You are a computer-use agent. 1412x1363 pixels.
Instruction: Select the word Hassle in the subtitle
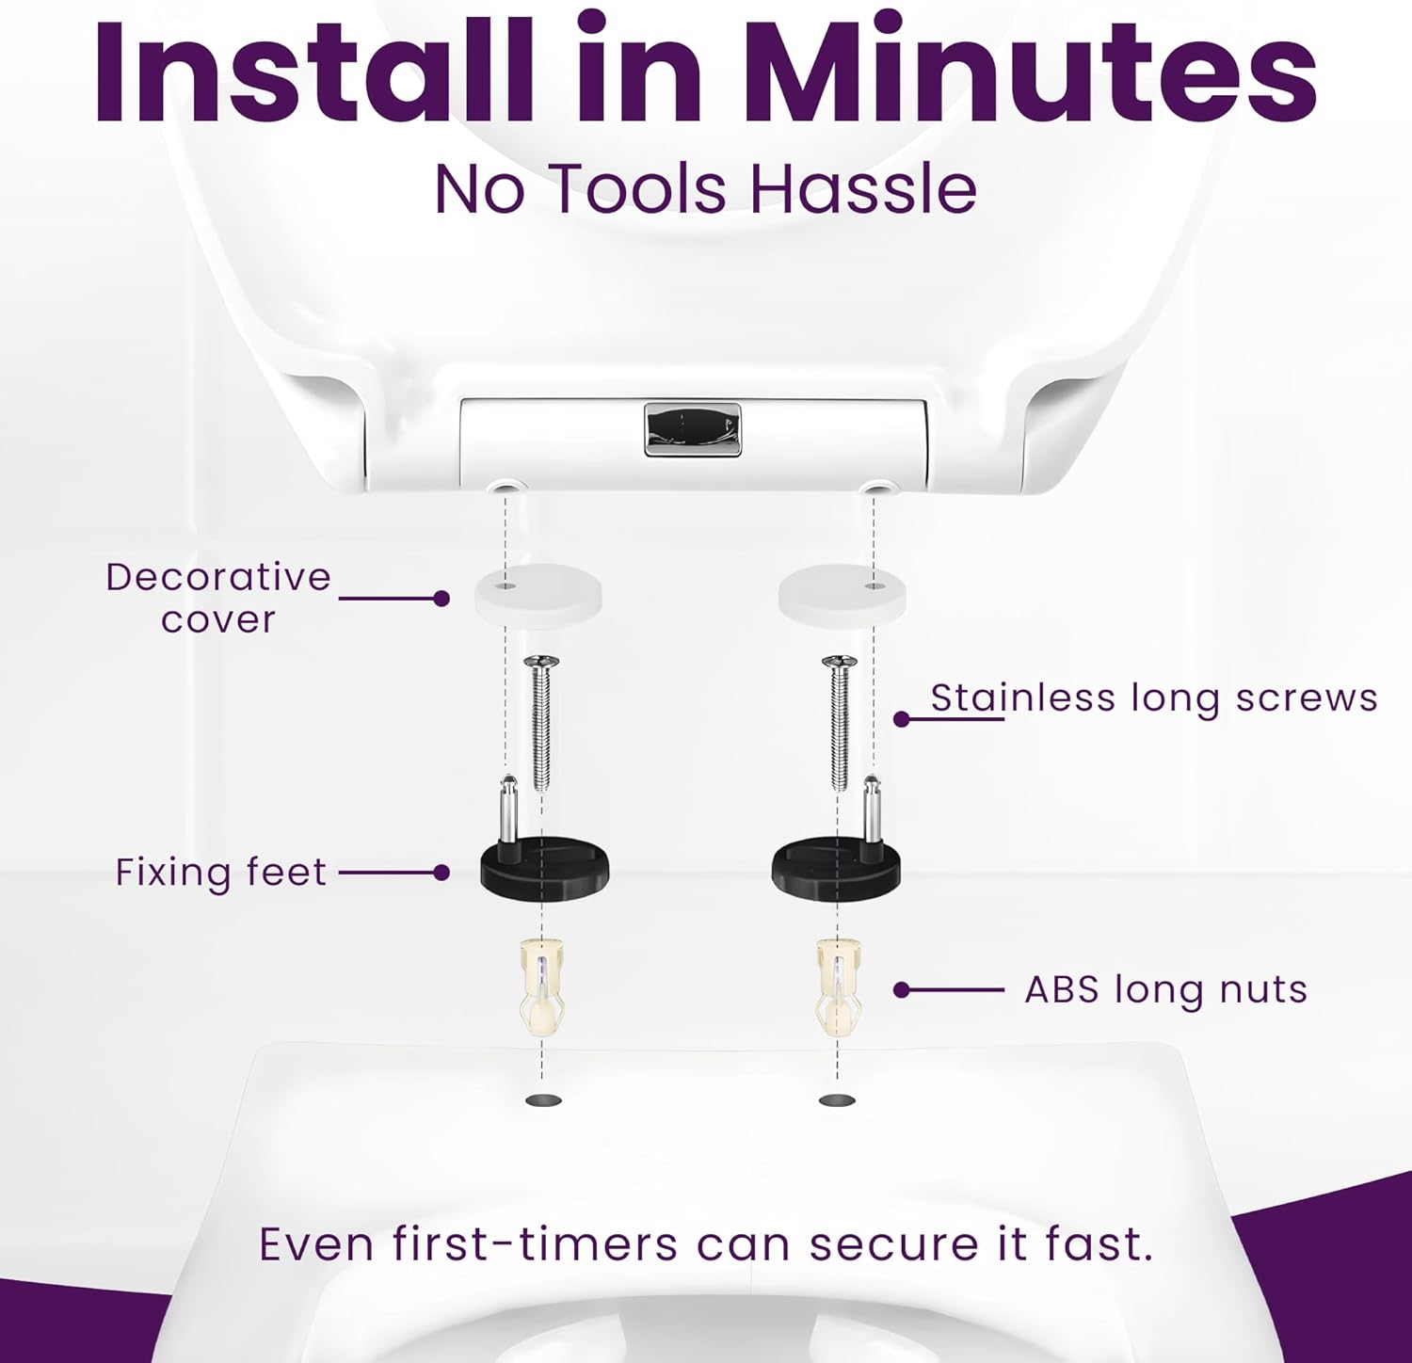863,188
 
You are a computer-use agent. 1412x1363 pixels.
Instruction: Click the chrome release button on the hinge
693,429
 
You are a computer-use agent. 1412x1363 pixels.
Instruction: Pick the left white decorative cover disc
538,589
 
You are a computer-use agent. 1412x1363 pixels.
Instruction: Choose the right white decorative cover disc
842,591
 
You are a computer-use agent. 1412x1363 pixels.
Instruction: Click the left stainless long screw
541,722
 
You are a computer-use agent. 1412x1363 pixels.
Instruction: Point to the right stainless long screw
840,722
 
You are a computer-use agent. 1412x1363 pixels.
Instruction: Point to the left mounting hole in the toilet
543,1099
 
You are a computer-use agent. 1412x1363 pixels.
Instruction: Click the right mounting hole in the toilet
838,1099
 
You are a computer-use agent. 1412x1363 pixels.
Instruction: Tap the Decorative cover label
218,599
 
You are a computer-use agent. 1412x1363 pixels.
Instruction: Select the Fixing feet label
221,873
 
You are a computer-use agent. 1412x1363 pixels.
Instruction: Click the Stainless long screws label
1154,698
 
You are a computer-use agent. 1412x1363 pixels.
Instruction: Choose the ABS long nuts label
1166,990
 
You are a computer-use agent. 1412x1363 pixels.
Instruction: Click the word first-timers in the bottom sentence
534,1244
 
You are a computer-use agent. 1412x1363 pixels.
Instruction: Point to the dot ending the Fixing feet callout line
441,873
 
